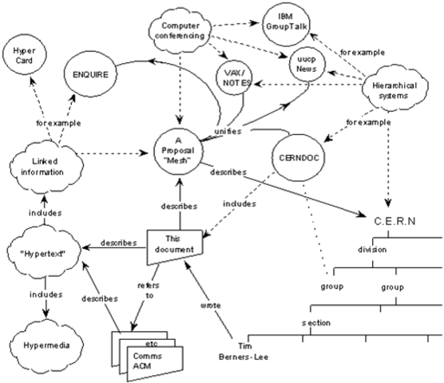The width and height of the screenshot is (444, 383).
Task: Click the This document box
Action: pyautogui.click(x=174, y=244)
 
